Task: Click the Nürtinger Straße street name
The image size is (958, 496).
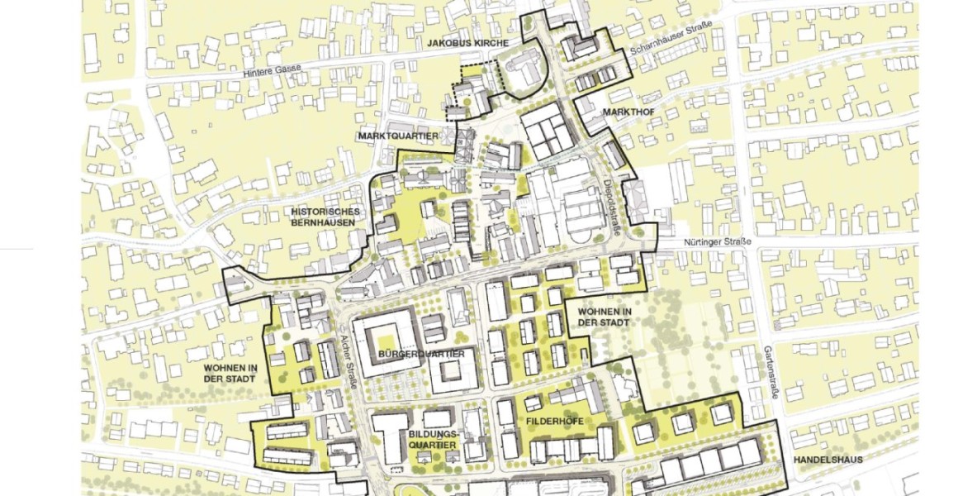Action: [718, 242]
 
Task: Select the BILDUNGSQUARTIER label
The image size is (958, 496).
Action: [432, 440]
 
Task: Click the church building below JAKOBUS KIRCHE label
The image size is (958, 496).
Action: [524, 71]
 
